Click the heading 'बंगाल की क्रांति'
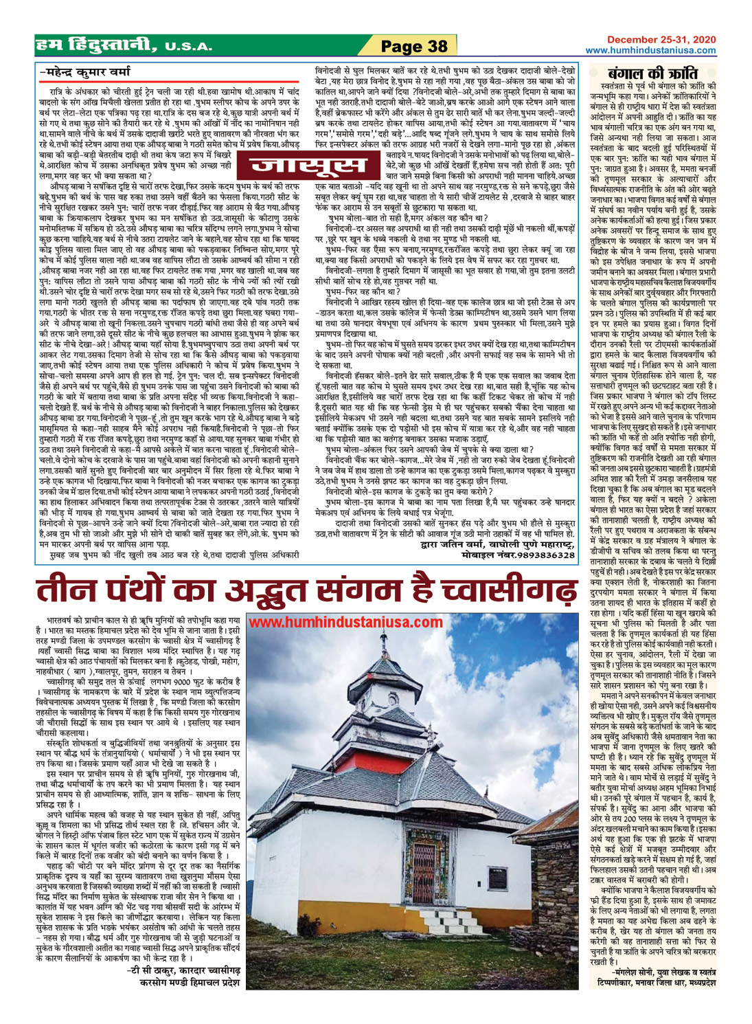pyautogui.click(x=653, y=73)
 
